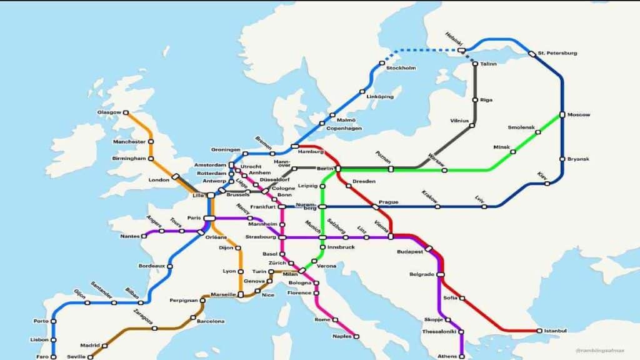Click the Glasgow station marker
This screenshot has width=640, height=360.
click(x=126, y=113)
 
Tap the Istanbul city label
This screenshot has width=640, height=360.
click(x=556, y=331)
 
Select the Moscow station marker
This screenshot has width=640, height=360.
click(x=562, y=114)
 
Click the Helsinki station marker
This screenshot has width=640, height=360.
click(x=461, y=50)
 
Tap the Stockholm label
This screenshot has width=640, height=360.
click(x=401, y=67)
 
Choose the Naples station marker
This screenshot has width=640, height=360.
click(x=356, y=336)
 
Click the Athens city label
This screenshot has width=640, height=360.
click(x=447, y=356)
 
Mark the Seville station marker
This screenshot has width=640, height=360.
click(x=91, y=357)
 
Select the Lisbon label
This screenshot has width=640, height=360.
click(x=39, y=339)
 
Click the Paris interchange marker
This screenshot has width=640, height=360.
click(x=209, y=218)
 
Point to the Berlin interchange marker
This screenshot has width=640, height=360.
click(x=338, y=169)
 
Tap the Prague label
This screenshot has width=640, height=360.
click(x=388, y=202)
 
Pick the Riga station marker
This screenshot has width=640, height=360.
click(x=474, y=100)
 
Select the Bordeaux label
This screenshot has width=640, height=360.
click(x=151, y=266)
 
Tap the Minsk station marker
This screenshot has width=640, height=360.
click(x=513, y=151)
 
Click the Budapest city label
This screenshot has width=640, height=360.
click(x=410, y=251)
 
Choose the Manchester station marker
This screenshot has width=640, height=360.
click(x=151, y=142)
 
